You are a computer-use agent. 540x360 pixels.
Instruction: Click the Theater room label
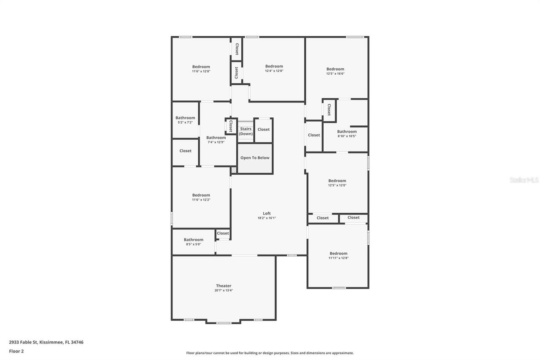pyautogui.click(x=224, y=286)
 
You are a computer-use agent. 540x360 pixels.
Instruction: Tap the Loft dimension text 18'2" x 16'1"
pyautogui.click(x=267, y=218)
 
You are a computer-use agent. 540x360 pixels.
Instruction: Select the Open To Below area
pyautogui.click(x=255, y=158)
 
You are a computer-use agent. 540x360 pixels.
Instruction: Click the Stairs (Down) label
pyautogui.click(x=246, y=131)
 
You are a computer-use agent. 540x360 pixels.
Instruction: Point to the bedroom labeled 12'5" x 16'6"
pyautogui.click(x=335, y=71)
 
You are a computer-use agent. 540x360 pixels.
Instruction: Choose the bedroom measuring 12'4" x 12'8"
pyautogui.click(x=274, y=68)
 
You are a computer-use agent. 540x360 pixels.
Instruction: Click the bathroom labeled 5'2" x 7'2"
pyautogui.click(x=185, y=120)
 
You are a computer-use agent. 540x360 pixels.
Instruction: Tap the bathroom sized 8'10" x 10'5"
pyautogui.click(x=346, y=134)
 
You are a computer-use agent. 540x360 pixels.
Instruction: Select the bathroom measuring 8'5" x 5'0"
pyautogui.click(x=193, y=242)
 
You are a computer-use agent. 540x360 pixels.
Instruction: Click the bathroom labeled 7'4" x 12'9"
pyautogui.click(x=216, y=140)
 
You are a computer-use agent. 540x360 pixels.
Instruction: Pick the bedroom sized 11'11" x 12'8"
pyautogui.click(x=338, y=256)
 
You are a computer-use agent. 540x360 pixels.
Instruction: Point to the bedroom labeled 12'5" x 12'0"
pyautogui.click(x=337, y=183)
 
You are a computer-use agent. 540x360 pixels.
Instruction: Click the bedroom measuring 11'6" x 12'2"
pyautogui.click(x=201, y=197)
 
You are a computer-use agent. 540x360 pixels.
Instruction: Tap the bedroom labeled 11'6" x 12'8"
pyautogui.click(x=201, y=69)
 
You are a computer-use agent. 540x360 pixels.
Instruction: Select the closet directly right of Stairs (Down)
pyautogui.click(x=263, y=130)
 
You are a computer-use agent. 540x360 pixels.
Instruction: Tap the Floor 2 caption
pyautogui.click(x=16, y=351)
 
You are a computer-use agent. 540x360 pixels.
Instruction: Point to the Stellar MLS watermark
pyautogui.click(x=524, y=180)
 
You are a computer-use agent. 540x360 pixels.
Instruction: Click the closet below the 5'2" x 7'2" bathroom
pyautogui.click(x=185, y=151)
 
